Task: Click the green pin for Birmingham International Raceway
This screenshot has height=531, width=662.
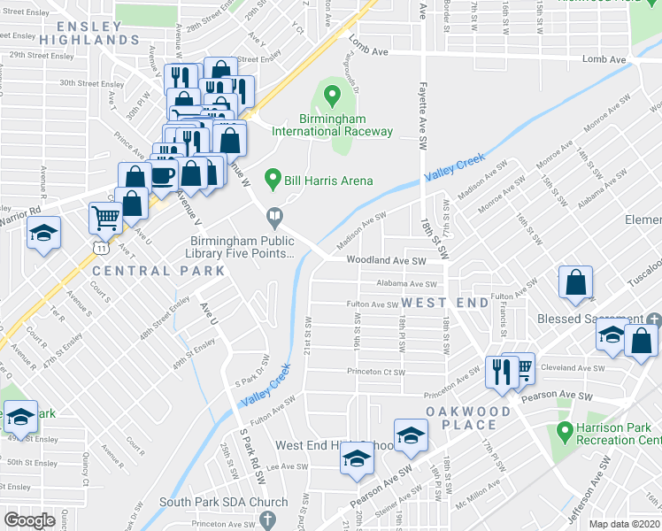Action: click(332, 95)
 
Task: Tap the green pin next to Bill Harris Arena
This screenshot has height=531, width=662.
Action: click(273, 181)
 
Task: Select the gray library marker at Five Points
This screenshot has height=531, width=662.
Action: click(275, 217)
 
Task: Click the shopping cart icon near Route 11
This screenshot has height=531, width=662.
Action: click(105, 216)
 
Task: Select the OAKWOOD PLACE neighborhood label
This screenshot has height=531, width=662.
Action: click(468, 419)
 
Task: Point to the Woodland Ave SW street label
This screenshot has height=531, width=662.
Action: click(386, 261)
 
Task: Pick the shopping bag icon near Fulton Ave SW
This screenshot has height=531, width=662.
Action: click(575, 282)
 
